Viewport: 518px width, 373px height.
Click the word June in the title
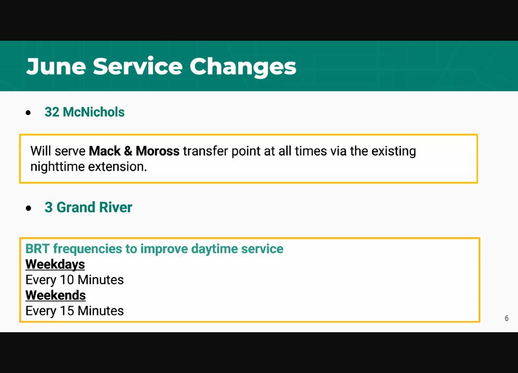(56, 67)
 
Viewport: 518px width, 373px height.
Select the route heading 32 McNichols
(84, 112)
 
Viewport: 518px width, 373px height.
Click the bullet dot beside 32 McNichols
(28, 113)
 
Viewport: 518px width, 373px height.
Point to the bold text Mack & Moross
(134, 151)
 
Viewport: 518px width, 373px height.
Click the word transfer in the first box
(205, 151)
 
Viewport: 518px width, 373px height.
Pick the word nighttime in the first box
(57, 167)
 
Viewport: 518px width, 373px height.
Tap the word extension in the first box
(117, 167)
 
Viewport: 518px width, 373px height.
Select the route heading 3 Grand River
(88, 207)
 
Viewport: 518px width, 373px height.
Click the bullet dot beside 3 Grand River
(28, 208)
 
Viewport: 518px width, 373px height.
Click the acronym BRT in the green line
(38, 249)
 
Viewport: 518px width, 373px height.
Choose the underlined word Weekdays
(55, 265)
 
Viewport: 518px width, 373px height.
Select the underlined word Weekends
(55, 295)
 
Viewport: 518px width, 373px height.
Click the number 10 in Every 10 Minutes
(67, 280)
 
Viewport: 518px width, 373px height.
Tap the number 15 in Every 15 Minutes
(67, 311)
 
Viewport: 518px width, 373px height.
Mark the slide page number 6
(507, 318)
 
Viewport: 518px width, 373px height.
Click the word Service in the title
(137, 66)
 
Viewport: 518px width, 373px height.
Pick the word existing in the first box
(394, 151)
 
